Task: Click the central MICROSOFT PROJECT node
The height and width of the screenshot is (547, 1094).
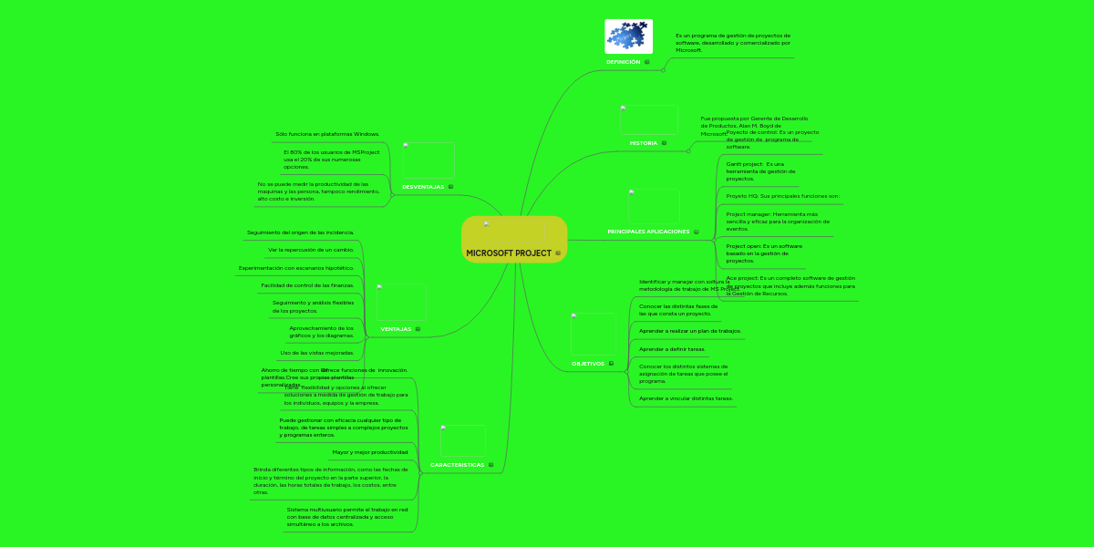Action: click(509, 253)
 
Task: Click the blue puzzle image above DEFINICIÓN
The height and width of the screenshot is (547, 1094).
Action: click(628, 36)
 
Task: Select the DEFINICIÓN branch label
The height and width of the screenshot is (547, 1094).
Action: click(623, 62)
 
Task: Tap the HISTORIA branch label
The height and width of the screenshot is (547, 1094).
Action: click(643, 143)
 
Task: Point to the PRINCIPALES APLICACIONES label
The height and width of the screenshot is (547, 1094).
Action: click(648, 232)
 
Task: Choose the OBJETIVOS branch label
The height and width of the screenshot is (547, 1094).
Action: click(587, 364)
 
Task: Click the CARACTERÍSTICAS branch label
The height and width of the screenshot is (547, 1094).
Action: click(457, 465)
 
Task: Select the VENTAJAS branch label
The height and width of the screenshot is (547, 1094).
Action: click(395, 329)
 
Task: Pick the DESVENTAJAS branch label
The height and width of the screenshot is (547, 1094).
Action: click(422, 187)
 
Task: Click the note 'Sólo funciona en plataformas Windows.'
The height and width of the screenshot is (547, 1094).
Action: click(326, 134)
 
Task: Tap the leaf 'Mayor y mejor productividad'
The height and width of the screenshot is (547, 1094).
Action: click(369, 452)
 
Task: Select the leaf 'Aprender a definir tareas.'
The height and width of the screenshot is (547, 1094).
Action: click(672, 349)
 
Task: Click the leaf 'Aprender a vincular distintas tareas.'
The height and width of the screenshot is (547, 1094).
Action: click(686, 398)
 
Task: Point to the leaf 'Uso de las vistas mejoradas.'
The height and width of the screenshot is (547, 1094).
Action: click(316, 353)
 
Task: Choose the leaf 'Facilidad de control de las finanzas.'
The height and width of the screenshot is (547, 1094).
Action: click(306, 285)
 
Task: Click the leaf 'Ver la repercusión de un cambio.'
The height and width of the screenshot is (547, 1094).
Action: click(310, 250)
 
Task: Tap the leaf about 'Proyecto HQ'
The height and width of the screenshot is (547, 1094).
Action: click(782, 196)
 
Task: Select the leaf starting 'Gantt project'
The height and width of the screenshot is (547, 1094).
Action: click(761, 171)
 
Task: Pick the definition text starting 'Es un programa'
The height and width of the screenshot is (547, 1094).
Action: click(732, 43)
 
